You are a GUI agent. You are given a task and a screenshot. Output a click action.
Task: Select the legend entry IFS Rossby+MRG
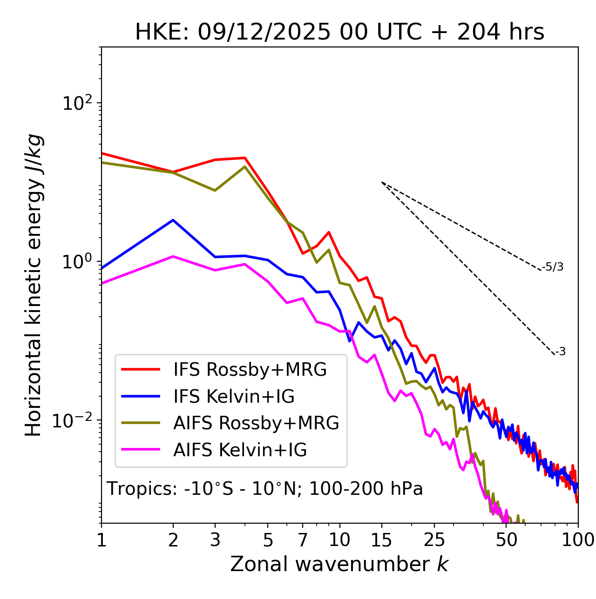pos(250,370)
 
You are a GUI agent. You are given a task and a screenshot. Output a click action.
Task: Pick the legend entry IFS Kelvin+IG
pos(234,397)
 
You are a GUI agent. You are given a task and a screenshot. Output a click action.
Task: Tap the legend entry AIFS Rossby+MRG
pos(256,423)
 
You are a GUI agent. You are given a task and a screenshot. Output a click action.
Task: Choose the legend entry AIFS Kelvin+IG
pos(240,450)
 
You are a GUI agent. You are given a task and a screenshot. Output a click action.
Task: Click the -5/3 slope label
pos(553,267)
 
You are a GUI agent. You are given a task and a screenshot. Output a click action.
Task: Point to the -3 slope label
pos(560,352)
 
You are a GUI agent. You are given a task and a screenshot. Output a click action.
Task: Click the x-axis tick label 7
pos(303,540)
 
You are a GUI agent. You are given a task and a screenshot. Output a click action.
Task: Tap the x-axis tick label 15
pos(382,540)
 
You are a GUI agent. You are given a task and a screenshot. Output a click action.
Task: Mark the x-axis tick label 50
pos(506,540)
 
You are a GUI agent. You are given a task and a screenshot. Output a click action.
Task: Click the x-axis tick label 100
pos(577,540)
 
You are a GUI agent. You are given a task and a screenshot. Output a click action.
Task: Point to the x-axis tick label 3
pos(215,540)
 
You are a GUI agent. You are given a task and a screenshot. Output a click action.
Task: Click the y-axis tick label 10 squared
pos(79,103)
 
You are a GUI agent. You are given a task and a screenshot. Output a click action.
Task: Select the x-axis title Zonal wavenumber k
pos(339,564)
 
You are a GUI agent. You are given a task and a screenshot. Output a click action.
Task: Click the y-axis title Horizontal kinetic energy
pos(34,285)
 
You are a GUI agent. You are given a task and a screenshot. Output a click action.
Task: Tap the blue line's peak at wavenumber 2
pos(173,220)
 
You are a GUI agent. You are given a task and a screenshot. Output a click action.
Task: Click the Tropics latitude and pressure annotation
pos(265,489)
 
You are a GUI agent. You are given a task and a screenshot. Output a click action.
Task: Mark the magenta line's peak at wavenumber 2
pos(173,256)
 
